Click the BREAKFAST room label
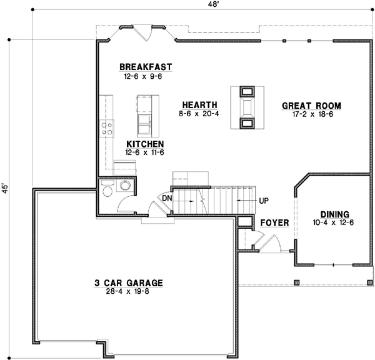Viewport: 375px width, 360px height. (x=145, y=67)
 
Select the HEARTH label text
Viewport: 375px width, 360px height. (x=199, y=105)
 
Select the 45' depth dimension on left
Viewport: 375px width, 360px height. (x=6, y=189)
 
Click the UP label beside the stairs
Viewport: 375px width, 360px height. (x=264, y=201)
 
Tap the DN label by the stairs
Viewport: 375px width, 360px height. (x=166, y=198)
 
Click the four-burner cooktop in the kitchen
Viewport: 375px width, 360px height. (x=107, y=129)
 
